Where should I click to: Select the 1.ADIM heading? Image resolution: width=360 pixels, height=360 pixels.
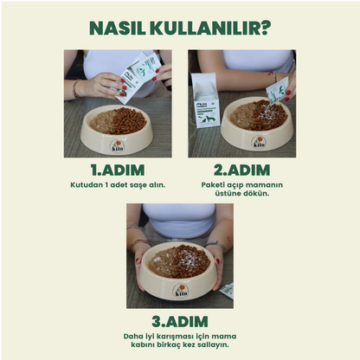pyautogui.click(x=117, y=170)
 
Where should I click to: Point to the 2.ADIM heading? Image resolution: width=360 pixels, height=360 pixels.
pyautogui.click(x=242, y=170)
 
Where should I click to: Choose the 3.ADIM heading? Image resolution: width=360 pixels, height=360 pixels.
pyautogui.click(x=180, y=321)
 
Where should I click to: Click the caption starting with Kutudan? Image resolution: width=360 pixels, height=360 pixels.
pyautogui.click(x=117, y=184)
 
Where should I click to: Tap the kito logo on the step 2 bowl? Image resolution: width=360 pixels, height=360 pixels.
pyautogui.click(x=259, y=141)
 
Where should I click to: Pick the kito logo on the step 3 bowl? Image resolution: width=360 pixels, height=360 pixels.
pyautogui.click(x=179, y=292)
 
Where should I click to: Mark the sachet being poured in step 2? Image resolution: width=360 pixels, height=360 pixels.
pyautogui.click(x=278, y=90)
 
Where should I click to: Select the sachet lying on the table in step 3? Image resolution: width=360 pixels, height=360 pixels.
pyautogui.click(x=226, y=291)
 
